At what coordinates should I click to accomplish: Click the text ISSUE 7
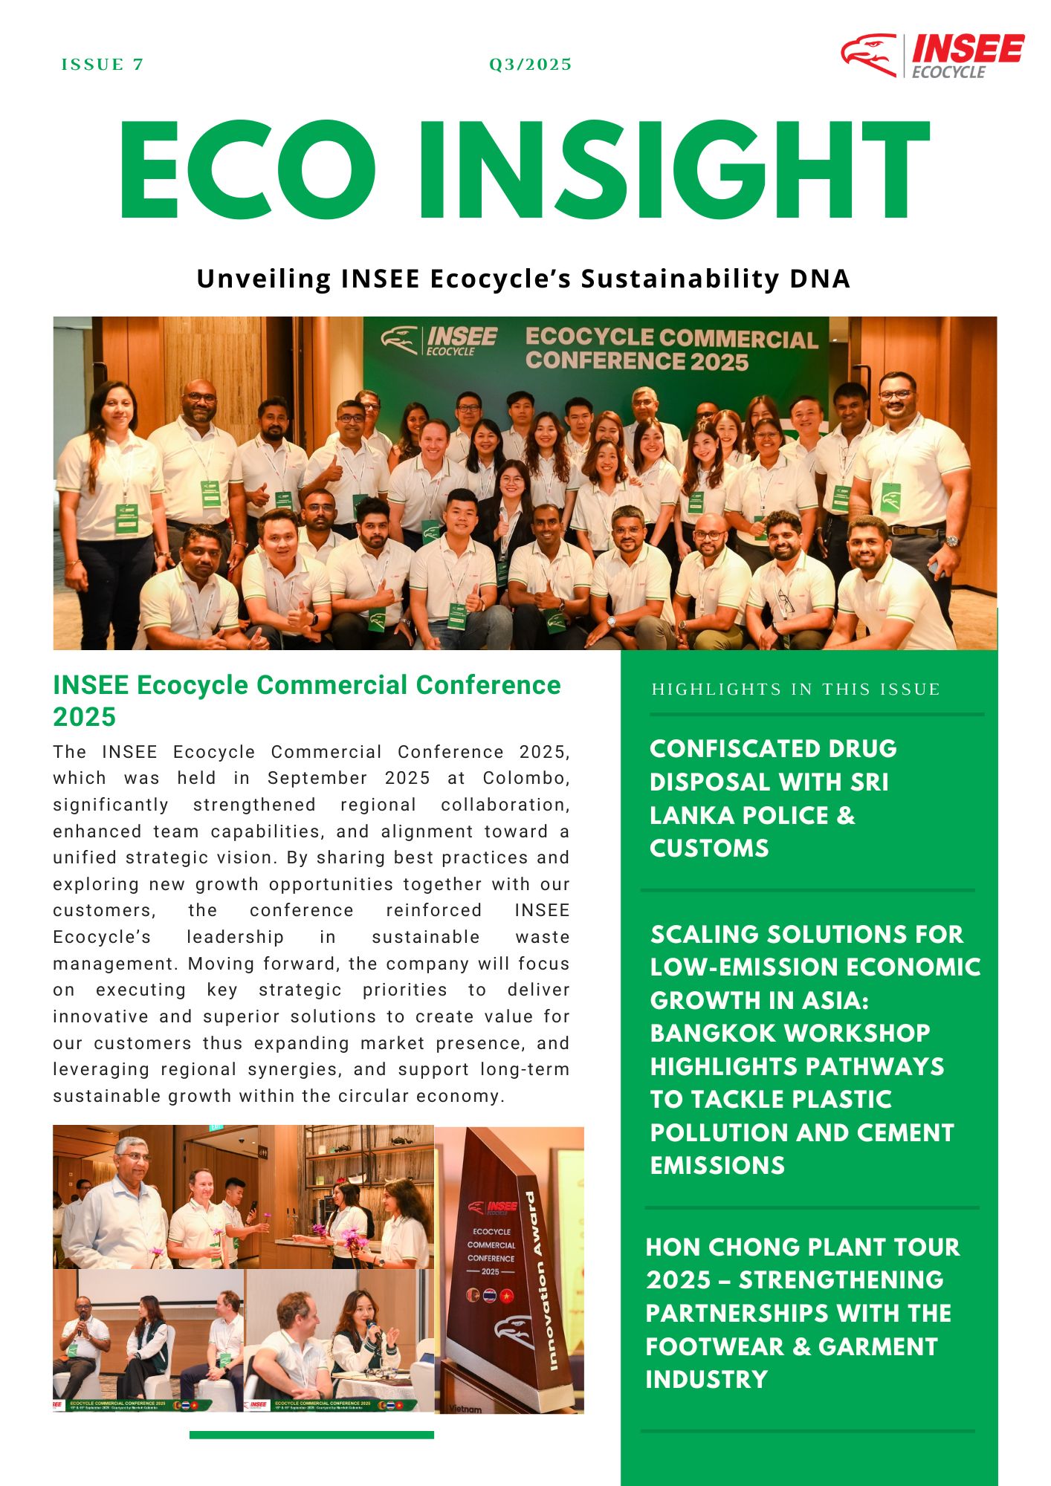pos(102,65)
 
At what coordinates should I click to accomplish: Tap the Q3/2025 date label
pos(530,65)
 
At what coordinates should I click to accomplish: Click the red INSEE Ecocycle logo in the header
pos(932,55)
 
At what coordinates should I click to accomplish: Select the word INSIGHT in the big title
pos(673,170)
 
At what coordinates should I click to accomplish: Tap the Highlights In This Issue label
pos(795,690)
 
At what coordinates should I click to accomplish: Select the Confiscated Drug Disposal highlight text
pos(773,798)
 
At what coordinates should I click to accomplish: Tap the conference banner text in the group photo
pos(671,348)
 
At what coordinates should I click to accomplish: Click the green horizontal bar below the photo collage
pos(311,1435)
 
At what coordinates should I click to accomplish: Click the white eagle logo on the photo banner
pos(399,339)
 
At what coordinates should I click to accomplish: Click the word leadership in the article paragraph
pos(235,937)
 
